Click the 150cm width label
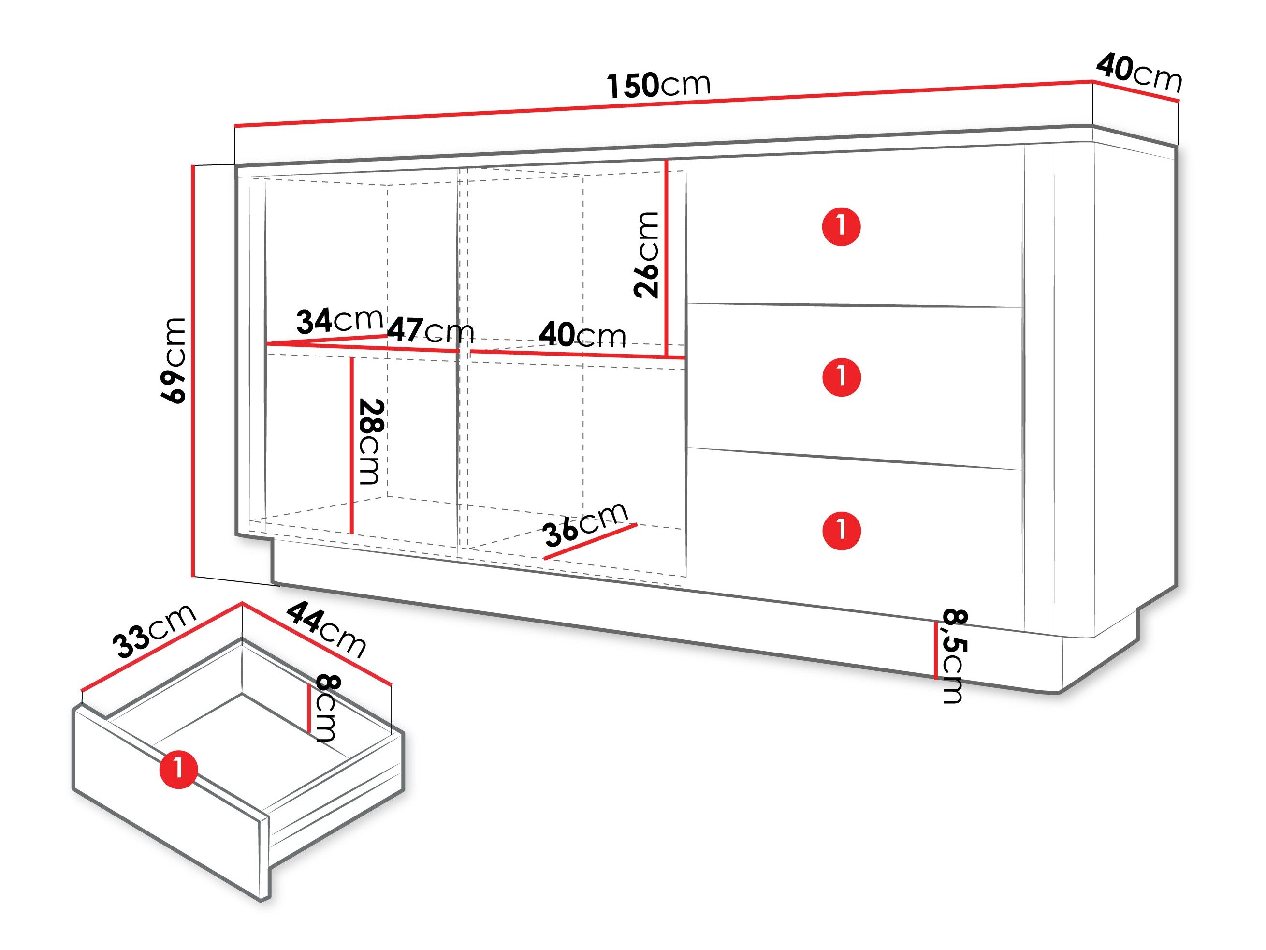[658, 85]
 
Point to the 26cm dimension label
[647, 255]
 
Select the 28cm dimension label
[371, 442]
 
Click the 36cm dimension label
[585, 524]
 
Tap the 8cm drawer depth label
[328, 708]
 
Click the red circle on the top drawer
[841, 226]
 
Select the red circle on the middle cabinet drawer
[841, 377]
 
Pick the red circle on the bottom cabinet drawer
[841, 530]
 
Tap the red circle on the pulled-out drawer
[178, 769]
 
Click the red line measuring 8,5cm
[936, 651]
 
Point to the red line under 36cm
[590, 541]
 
